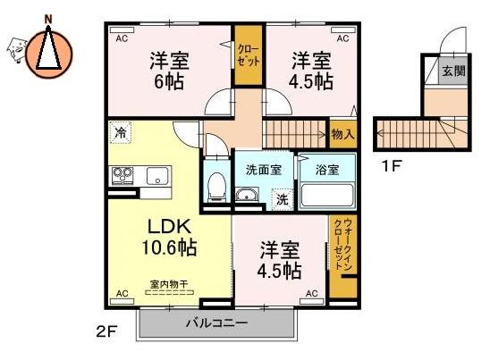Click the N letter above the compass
pyautogui.click(x=47, y=20)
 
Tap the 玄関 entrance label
pyautogui.click(x=453, y=71)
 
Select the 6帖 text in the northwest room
pyautogui.click(x=169, y=82)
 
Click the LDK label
pyautogui.click(x=169, y=227)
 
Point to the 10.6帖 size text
pyautogui.click(x=169, y=247)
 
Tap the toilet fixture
pyautogui.click(x=216, y=187)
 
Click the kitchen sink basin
pyautogui.click(x=157, y=176)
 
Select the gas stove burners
pyautogui.click(x=123, y=176)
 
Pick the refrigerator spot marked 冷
pyautogui.click(x=121, y=133)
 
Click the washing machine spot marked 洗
pyautogui.click(x=283, y=199)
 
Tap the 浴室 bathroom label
pyautogui.click(x=327, y=170)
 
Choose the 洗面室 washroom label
pyautogui.click(x=264, y=170)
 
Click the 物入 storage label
pyautogui.click(x=342, y=135)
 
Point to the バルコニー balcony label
pyautogui.click(x=216, y=322)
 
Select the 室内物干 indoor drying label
pyautogui.click(x=169, y=284)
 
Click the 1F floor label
pyautogui.click(x=392, y=166)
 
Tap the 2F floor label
pyautogui.click(x=106, y=331)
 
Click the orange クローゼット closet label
pyautogui.click(x=248, y=55)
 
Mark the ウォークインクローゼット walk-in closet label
pyautogui.click(x=342, y=244)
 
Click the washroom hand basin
pyautogui.click(x=247, y=195)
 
